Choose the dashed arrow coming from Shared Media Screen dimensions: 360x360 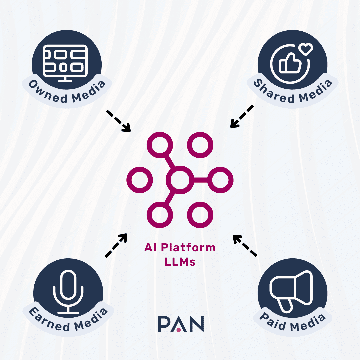click(242, 117)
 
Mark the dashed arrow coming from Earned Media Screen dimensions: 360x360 click(116, 245)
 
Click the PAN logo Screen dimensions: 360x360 click(181, 324)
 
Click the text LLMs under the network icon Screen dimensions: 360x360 click(180, 262)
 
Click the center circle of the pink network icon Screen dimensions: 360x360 click(180, 180)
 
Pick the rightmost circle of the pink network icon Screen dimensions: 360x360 click(220, 180)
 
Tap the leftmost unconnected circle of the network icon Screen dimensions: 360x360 click(139, 180)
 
